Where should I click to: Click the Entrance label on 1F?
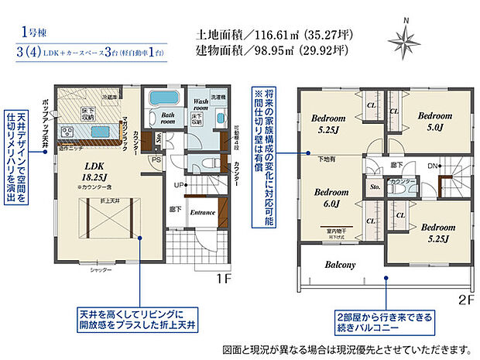(x=202, y=212)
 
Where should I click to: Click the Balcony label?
(x=340, y=265)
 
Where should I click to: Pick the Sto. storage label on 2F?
(x=374, y=187)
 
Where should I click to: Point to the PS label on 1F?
(x=156, y=161)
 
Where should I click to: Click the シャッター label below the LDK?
(x=101, y=269)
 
